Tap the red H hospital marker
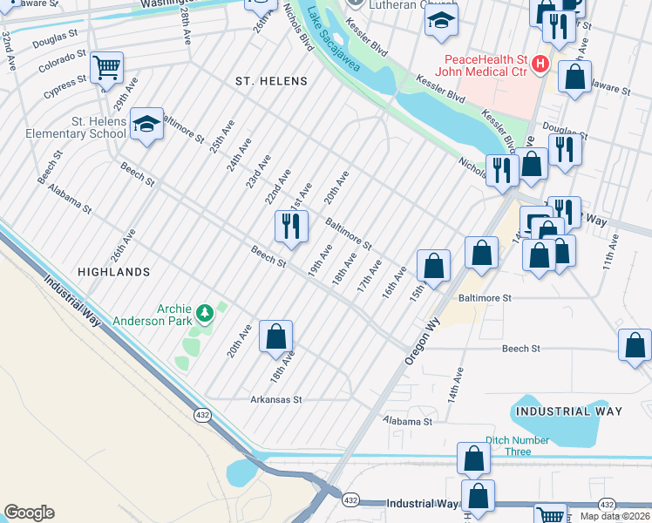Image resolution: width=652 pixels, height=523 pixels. pos(540,64)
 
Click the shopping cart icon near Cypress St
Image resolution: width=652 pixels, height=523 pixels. pos(106,65)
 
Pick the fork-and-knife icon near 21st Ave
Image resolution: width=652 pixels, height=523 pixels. pos(290,225)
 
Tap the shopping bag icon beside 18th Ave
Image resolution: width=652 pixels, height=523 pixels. pos(275,336)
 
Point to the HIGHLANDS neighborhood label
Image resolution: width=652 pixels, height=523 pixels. pos(114,272)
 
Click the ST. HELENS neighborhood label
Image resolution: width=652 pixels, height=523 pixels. pos(272,81)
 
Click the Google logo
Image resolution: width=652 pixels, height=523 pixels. pos(29,513)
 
